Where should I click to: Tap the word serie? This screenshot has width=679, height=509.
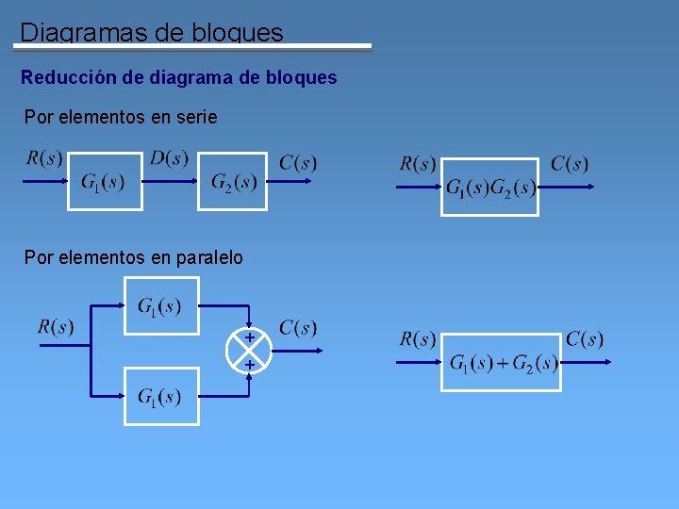coord(196,118)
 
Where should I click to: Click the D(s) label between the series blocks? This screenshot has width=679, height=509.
coord(170,158)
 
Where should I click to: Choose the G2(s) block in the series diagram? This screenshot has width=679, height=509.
coord(233,181)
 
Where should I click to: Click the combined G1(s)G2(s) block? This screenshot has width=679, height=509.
coord(490,188)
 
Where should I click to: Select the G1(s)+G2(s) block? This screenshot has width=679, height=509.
coord(504,363)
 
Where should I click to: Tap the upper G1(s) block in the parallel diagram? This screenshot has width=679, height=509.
coord(161,305)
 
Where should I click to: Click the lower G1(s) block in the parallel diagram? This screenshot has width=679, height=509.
coord(161,397)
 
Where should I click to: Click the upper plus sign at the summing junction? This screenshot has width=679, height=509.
coord(250,337)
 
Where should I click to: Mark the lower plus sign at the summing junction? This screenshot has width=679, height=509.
coord(250,363)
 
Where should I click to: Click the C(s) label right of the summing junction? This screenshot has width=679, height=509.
coord(298,328)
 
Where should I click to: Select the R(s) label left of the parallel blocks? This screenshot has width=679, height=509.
coord(56,327)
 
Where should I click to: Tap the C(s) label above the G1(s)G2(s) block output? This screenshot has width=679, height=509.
coord(570,164)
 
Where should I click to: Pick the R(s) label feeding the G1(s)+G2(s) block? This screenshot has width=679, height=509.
coord(418,339)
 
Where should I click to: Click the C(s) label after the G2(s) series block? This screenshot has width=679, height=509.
coord(298,162)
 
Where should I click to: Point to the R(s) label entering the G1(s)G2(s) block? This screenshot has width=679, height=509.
coord(418,164)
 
